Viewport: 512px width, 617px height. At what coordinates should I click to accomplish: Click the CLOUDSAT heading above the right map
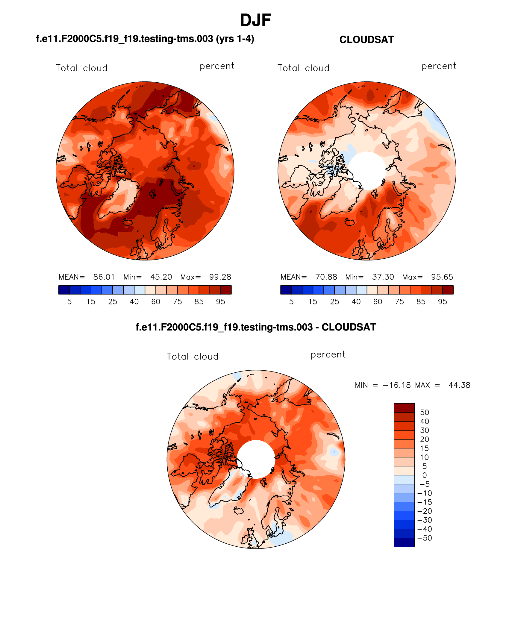pyautogui.click(x=366, y=40)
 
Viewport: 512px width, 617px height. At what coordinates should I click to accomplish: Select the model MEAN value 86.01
pyautogui.click(x=104, y=277)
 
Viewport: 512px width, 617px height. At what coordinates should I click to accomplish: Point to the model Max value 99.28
pyautogui.click(x=220, y=277)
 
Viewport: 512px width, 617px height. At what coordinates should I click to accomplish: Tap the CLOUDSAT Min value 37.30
pyautogui.click(x=383, y=277)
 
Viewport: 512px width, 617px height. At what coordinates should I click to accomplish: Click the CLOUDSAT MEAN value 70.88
pyautogui.click(x=326, y=277)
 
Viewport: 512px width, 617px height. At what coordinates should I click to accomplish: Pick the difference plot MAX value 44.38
pyautogui.click(x=459, y=385)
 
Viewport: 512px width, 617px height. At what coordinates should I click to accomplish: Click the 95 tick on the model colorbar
pyautogui.click(x=221, y=302)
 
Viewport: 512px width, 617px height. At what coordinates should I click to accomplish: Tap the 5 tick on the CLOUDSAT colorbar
pyautogui.click(x=291, y=302)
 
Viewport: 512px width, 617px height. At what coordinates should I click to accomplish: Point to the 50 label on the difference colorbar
pyautogui.click(x=424, y=413)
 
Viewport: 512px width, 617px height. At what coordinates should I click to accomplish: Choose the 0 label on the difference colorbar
pyautogui.click(x=424, y=475)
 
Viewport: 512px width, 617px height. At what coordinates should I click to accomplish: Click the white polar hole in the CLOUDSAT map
pyautogui.click(x=367, y=170)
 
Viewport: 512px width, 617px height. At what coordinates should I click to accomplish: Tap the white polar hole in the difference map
pyautogui.click(x=256, y=459)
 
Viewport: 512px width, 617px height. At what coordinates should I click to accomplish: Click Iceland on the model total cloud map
pyautogui.click(x=128, y=222)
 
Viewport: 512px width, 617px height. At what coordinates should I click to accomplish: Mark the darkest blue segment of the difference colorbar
pyautogui.click(x=404, y=542)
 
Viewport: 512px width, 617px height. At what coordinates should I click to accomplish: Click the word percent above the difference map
pyautogui.click(x=328, y=355)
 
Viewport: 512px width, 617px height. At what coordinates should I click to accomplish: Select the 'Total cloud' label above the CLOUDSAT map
pyautogui.click(x=303, y=68)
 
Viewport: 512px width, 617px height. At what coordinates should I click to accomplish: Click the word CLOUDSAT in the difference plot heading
pyautogui.click(x=349, y=327)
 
